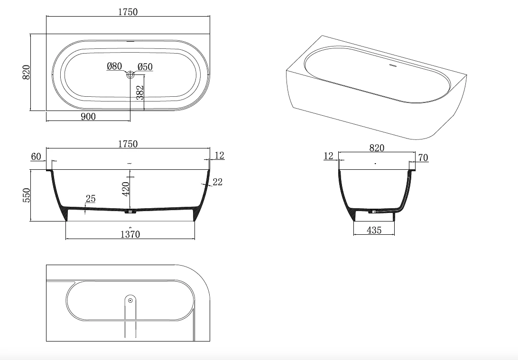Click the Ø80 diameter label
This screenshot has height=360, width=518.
click(114, 66)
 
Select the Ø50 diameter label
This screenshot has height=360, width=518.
click(145, 67)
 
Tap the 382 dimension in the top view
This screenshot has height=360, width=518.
click(139, 93)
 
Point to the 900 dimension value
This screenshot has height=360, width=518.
click(88, 116)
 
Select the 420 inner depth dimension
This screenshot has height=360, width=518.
click(126, 189)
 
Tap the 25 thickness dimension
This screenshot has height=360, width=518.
click(91, 199)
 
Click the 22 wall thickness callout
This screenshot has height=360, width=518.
click(218, 181)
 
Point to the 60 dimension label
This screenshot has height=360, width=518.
click(37, 157)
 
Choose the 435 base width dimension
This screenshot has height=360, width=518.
click(374, 230)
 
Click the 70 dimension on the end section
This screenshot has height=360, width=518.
click(423, 158)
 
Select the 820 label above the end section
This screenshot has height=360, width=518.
click(377, 148)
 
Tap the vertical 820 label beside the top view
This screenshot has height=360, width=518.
click(27, 72)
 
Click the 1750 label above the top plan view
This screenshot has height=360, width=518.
click(128, 12)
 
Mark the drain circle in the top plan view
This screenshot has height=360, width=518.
click(130, 74)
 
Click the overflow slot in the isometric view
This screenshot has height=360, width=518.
click(392, 66)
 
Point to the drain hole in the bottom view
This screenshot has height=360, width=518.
click(130, 300)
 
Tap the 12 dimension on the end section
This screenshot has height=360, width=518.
click(329, 156)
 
